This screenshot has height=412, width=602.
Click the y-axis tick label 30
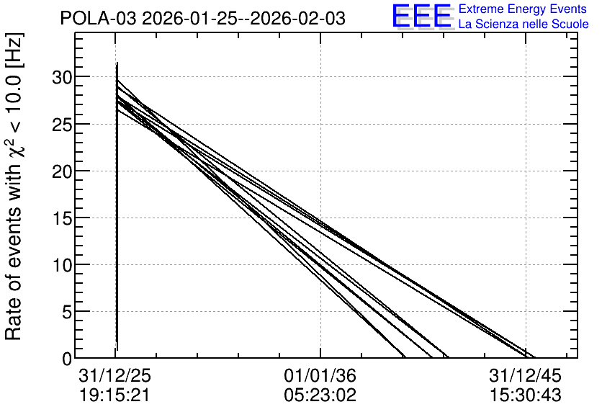[61, 78]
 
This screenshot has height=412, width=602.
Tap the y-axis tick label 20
[61, 172]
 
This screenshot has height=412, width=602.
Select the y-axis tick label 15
[61, 219]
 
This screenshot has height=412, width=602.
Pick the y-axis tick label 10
[61, 265]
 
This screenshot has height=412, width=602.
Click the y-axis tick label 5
[66, 313]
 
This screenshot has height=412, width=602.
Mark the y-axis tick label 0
[67, 359]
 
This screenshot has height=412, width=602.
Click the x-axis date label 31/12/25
[114, 375]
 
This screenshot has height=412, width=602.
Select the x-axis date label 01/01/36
[320, 375]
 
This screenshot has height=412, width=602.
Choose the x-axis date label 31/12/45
[525, 375]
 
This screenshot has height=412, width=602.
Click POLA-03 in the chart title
[98, 19]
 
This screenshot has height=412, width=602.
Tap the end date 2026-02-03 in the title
[297, 19]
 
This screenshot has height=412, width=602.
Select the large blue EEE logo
[422, 16]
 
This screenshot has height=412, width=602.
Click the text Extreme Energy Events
[523, 9]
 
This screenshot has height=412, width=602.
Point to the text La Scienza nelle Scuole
[524, 24]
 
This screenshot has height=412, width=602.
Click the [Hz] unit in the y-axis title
[14, 50]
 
